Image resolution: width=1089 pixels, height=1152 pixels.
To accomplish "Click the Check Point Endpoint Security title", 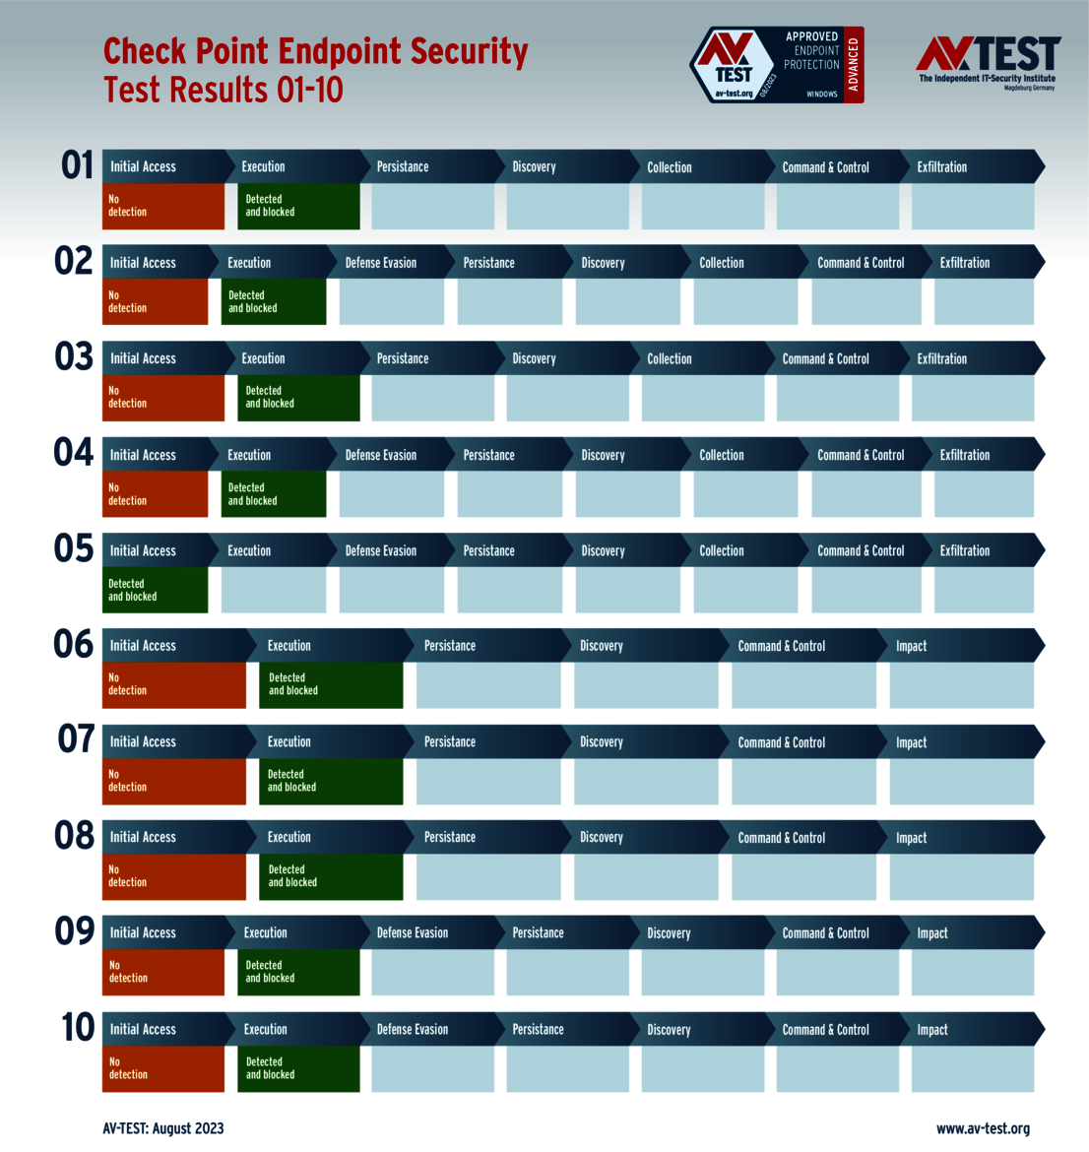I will point(315,69).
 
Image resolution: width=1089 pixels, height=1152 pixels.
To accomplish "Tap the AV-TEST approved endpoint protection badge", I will point(776,65).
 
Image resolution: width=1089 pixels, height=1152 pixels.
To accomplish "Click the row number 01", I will point(77,165).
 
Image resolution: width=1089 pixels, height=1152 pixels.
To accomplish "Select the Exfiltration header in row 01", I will point(941,167).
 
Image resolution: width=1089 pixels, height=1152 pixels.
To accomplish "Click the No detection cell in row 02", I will point(156,301).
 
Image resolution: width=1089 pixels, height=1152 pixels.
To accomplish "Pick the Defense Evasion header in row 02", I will point(381,263).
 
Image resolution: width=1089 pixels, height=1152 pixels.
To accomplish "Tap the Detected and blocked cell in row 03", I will point(297,398).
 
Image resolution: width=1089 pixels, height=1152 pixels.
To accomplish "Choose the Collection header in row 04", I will point(722,455).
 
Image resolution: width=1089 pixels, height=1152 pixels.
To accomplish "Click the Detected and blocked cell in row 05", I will point(156,590).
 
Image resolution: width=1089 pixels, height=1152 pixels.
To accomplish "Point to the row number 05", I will point(74,548).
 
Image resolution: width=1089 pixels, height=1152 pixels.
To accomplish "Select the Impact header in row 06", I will point(911,646).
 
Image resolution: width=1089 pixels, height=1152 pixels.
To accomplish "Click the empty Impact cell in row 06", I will point(961,685).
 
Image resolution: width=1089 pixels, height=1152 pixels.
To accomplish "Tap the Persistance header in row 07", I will point(450,742).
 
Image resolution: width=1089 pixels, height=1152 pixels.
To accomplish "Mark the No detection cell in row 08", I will point(173,876).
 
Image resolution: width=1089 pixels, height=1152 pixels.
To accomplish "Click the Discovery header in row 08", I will point(602,838).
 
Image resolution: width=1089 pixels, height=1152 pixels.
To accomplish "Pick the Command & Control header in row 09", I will point(825,933).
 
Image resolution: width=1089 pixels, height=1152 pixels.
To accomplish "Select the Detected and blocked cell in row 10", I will point(297,1068).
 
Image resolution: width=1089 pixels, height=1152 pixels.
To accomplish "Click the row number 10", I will point(78,1028).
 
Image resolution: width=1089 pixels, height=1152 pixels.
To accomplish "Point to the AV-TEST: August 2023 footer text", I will point(163,1128).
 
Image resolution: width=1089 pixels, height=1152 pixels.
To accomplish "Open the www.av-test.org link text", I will point(983,1128).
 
